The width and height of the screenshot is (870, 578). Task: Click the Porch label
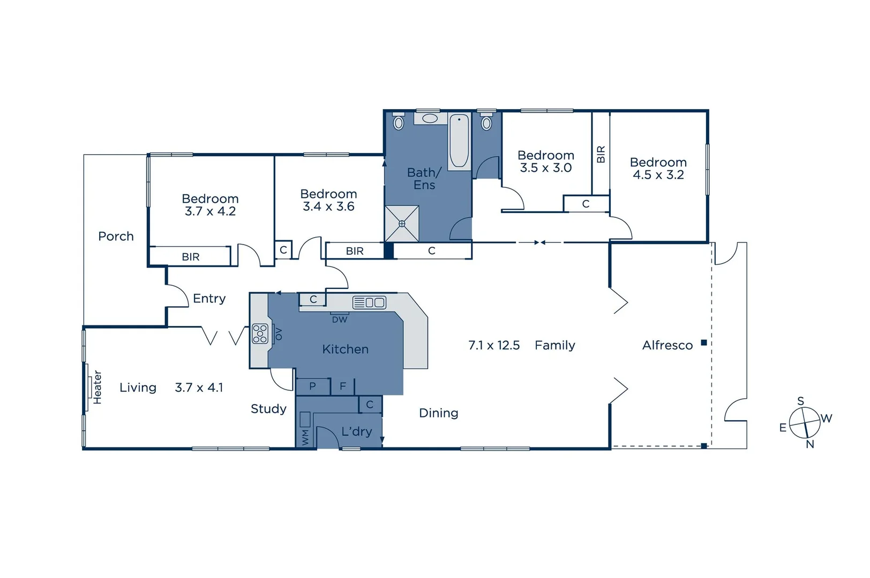point(116,236)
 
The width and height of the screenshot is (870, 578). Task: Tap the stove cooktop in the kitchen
point(260,333)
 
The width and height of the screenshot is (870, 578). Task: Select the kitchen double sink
point(369,302)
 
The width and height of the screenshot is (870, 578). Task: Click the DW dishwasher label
point(340,320)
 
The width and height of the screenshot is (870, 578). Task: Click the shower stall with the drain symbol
point(402,224)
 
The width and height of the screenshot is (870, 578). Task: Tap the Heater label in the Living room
point(97,387)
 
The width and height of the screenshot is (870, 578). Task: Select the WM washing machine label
point(305,437)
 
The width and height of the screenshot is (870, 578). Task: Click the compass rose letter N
point(810,444)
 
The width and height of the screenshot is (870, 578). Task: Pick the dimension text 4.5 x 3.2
point(658,175)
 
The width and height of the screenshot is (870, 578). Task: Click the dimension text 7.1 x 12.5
point(494,345)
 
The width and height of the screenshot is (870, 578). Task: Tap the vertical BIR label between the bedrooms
point(601,154)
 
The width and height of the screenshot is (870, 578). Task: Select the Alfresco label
point(667,345)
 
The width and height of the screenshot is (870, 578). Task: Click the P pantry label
point(312,386)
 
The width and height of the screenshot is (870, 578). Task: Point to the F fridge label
point(343,386)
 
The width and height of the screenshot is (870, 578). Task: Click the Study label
point(268,409)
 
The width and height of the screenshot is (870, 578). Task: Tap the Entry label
point(209,299)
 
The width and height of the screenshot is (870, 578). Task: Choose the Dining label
point(438,413)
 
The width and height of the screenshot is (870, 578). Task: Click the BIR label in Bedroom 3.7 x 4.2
point(190,257)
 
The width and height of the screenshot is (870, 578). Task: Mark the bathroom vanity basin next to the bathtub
point(429,118)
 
